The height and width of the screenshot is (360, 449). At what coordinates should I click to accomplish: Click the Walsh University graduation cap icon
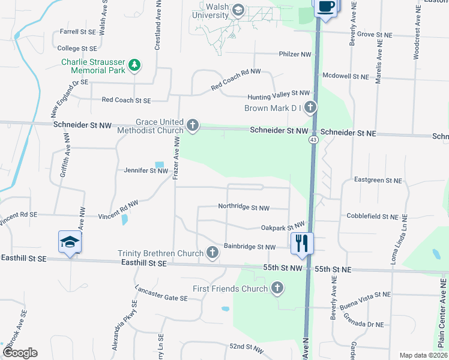(238, 10)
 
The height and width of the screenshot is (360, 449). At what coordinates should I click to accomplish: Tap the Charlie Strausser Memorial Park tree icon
(135, 64)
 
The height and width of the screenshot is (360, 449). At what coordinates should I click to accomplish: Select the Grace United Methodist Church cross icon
(192, 125)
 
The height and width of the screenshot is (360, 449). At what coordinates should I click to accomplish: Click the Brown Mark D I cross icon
(310, 108)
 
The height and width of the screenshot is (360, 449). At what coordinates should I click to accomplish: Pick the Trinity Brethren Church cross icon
(212, 253)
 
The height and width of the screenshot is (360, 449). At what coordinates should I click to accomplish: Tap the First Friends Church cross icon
(277, 289)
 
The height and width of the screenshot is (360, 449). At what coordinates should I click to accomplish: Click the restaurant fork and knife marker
(301, 243)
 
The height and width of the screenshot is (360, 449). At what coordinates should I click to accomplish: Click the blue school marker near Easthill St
(70, 242)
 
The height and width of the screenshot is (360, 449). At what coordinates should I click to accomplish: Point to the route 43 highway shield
(313, 140)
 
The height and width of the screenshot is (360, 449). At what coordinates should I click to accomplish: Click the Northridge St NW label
(244, 208)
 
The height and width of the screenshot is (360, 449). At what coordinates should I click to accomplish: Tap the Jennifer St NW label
(146, 171)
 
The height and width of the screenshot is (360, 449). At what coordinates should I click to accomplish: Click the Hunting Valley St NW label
(279, 94)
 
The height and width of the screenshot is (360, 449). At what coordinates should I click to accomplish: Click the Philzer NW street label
(295, 54)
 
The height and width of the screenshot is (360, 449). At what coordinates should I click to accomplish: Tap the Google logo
(20, 352)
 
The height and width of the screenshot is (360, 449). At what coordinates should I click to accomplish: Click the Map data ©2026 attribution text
(423, 355)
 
